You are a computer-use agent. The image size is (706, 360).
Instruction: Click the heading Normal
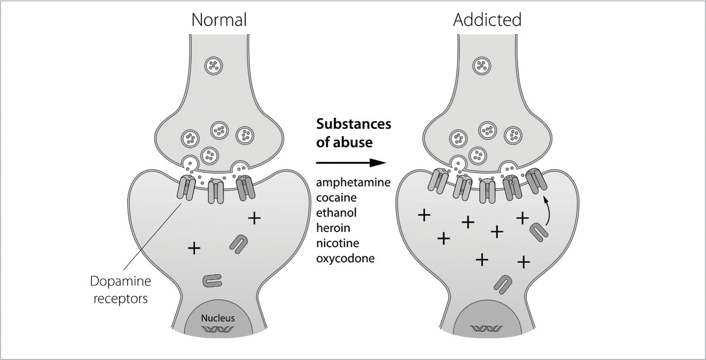click(219, 20)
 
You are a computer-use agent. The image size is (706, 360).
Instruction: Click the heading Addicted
click(487, 20)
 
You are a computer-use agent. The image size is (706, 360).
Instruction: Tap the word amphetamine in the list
click(354, 182)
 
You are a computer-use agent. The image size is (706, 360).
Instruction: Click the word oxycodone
click(345, 258)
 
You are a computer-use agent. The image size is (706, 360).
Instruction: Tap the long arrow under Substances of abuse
click(350, 162)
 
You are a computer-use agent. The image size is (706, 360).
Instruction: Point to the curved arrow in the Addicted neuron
click(548, 211)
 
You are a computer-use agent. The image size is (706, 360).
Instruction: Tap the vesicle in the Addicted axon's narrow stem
click(481, 66)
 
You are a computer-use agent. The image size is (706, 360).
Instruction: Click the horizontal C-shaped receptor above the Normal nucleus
click(212, 280)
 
